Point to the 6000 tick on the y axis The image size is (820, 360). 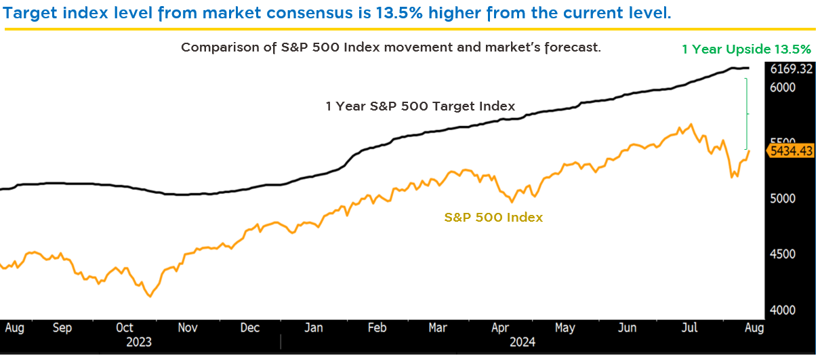pos(783,87)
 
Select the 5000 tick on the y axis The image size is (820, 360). pos(783,199)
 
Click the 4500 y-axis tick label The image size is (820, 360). pos(783,254)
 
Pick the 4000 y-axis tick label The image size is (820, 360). pos(783,311)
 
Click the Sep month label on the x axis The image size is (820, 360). pos(62,327)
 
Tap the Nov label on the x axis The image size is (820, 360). pos(188,327)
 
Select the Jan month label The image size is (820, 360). pos(313,327)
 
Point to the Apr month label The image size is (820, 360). pos(500,327)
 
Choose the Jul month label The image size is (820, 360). pos(690,327)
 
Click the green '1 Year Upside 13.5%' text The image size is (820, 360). pos(746,49)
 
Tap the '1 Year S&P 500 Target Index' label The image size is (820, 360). pos(420,106)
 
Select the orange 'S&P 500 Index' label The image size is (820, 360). pos(493,218)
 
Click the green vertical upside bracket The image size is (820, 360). pos(747,113)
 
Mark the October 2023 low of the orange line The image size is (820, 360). pos(150,296)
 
